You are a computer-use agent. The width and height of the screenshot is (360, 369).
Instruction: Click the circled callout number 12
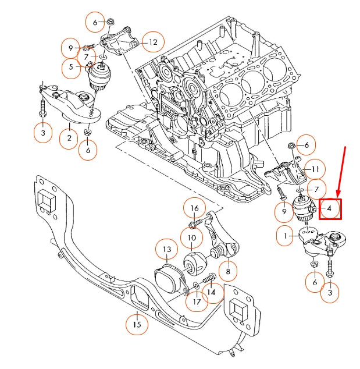153,42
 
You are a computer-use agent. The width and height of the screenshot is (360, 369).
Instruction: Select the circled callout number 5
71,67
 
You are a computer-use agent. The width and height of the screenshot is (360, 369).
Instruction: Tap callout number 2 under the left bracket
69,138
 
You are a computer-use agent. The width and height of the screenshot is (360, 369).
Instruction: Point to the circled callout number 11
315,169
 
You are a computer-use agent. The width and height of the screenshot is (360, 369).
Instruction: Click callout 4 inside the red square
329,208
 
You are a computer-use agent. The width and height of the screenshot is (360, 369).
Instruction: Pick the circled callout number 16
195,208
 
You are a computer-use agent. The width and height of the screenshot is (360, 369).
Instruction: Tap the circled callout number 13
166,250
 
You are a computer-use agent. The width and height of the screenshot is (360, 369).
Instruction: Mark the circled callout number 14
212,293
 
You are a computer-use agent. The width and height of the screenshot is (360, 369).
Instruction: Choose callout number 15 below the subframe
137,324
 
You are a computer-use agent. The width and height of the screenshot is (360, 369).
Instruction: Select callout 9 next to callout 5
71,48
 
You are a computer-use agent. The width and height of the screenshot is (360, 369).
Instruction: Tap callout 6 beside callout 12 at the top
95,22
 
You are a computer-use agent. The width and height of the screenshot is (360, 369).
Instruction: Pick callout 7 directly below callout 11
316,190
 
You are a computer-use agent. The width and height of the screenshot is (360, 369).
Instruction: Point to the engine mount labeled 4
303,210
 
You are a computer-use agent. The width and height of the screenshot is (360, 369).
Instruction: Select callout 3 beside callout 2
42,133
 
